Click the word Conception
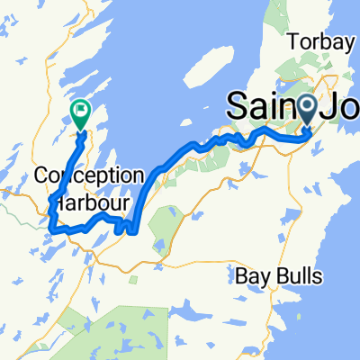click(89, 175)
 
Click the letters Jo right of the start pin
click(341, 105)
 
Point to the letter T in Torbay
click(292, 40)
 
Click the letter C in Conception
click(40, 175)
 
